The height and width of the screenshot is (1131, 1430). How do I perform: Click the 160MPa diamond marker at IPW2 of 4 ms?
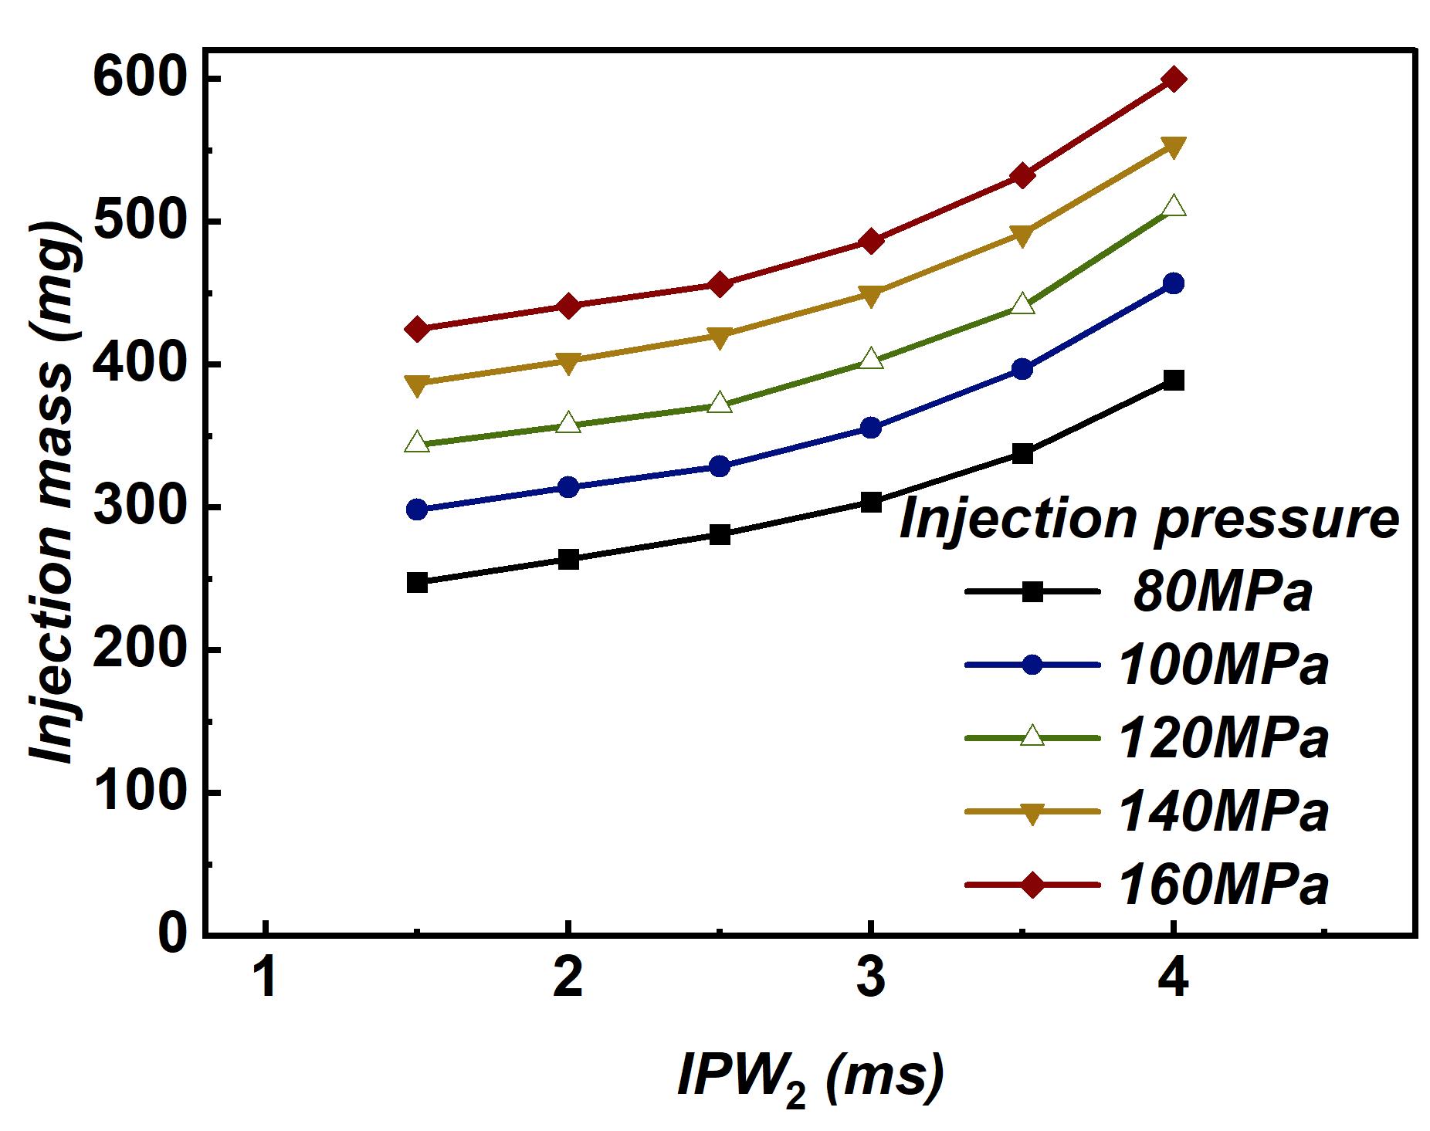click(1173, 79)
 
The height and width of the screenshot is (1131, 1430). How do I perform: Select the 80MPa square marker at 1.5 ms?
click(417, 582)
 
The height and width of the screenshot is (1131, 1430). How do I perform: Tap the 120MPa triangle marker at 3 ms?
click(870, 358)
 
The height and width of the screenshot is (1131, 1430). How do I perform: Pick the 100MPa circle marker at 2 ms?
click(568, 487)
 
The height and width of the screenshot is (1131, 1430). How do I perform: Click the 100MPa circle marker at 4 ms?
click(1173, 283)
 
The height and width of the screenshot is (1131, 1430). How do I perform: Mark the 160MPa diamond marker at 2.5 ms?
click(720, 284)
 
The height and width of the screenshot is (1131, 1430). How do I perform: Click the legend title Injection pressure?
click(1149, 520)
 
